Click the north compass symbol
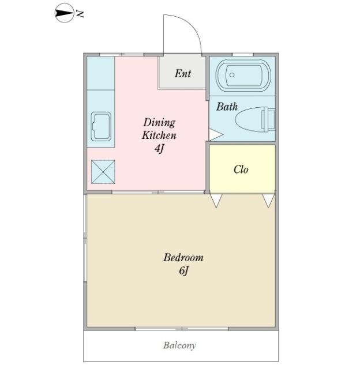[x=64, y=13]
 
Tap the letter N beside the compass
[x=80, y=14]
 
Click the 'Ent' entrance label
[x=183, y=73]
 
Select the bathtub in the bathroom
[x=243, y=76]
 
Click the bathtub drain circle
[x=232, y=75]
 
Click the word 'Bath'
[x=227, y=107]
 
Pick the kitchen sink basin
[x=101, y=126]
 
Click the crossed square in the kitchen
[x=103, y=172]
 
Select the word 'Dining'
[x=159, y=123]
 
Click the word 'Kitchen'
[x=159, y=135]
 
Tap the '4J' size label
[x=159, y=148]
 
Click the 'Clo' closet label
[x=241, y=170]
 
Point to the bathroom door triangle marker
[x=215, y=135]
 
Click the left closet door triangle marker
[x=216, y=201]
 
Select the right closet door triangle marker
[x=268, y=201]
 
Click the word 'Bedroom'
[x=183, y=258]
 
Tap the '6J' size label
[x=183, y=270]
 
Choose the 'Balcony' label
[x=179, y=345]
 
